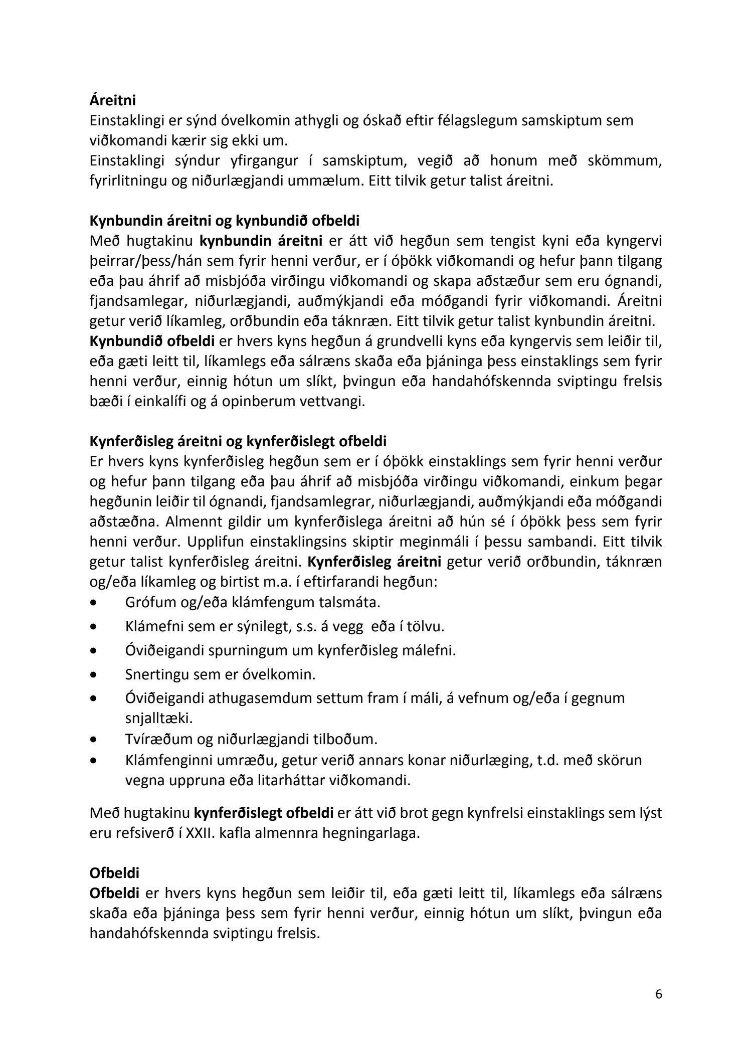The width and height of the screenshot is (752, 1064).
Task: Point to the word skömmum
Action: [x=629, y=160]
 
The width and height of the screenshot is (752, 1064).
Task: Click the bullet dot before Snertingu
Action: [x=93, y=675]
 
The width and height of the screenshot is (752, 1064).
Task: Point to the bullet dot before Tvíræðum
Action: [x=93, y=739]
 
